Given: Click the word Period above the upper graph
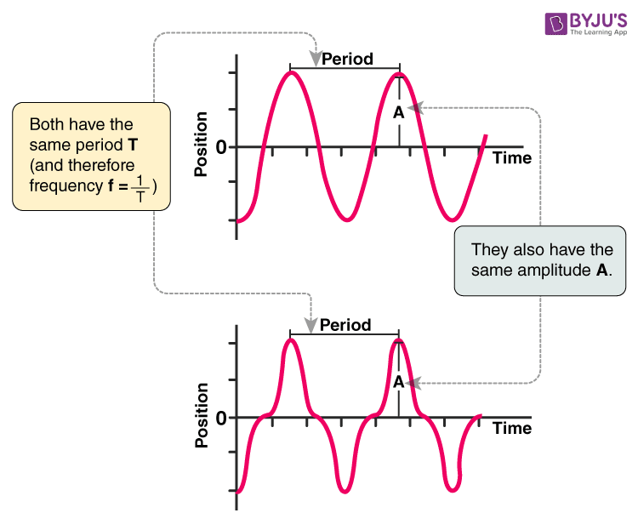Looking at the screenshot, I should click(x=347, y=60).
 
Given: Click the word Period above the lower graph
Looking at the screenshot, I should click(x=345, y=325).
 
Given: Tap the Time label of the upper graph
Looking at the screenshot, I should click(x=512, y=158).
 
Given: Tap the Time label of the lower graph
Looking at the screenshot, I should click(x=512, y=428).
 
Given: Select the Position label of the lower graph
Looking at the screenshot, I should click(x=202, y=415).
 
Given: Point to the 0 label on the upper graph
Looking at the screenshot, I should click(x=221, y=147).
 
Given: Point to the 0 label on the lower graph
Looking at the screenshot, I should click(x=221, y=418).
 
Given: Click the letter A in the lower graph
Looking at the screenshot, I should click(x=398, y=382).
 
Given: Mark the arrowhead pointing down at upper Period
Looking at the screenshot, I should click(x=316, y=59).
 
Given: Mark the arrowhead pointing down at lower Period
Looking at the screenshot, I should click(x=312, y=324).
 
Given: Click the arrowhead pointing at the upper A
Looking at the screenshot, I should click(x=413, y=108).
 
